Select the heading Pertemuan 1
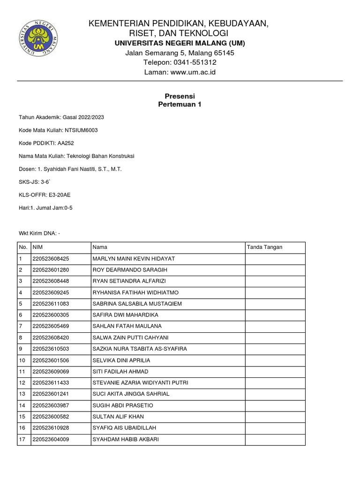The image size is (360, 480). coord(180,105)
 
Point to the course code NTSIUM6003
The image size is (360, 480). coord(82,130)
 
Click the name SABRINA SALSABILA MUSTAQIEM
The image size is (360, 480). coord(137,304)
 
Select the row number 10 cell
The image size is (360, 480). coord(22,360)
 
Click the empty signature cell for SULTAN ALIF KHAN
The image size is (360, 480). coord(275,416)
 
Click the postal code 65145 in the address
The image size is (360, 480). coord(224,53)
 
